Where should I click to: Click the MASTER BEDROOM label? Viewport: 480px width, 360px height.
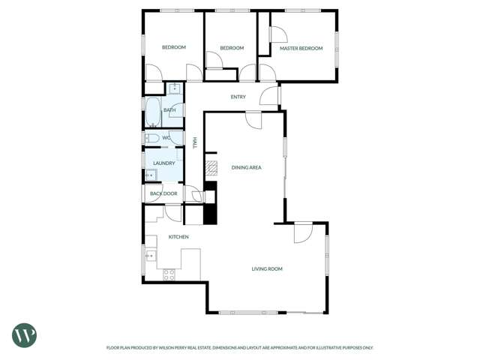click(301, 49)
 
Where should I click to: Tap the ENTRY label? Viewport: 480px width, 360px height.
click(238, 97)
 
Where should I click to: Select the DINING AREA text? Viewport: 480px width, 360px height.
click(246, 167)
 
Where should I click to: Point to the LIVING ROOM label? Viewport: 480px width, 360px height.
click(266, 268)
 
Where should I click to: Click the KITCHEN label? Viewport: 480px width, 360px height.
click(178, 237)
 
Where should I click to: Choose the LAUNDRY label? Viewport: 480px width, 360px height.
click(163, 163)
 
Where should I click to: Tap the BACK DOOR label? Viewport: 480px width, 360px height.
click(163, 193)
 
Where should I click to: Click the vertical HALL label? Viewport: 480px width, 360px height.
click(194, 142)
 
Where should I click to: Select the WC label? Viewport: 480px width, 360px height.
click(166, 138)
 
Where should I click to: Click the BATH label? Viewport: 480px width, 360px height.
click(169, 111)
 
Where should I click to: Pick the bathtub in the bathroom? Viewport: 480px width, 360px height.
click(152, 112)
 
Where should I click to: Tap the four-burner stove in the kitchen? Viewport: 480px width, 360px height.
click(169, 274)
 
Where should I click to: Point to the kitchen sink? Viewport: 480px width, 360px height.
click(150, 256)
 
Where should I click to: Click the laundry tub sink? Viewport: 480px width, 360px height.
click(151, 175)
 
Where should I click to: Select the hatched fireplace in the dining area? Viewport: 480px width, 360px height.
click(211, 168)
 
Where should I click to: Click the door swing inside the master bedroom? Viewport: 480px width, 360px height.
click(277, 34)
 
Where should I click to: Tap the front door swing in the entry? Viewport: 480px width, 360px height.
click(269, 95)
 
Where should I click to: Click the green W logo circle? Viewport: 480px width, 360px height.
click(24, 335)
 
